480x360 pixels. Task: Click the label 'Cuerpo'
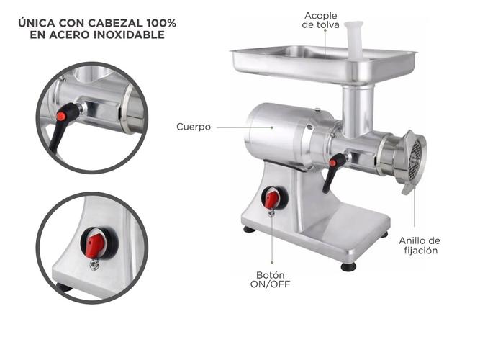tap(194, 127)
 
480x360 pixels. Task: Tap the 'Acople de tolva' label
tap(320, 20)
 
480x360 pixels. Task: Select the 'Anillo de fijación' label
tap(420, 246)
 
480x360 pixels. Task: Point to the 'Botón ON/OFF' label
tap(271, 279)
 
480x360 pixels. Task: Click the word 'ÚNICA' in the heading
tap(37, 23)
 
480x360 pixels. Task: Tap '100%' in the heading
tap(161, 23)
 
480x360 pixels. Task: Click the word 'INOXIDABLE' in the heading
tap(129, 35)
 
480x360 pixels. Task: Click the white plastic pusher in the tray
tap(354, 40)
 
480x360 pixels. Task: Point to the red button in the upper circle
tap(61, 115)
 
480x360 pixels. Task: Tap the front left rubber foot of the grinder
tap(249, 229)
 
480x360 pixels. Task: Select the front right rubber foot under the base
tap(349, 267)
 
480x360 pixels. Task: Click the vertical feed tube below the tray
tap(358, 111)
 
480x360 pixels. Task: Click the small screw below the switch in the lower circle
tap(94, 264)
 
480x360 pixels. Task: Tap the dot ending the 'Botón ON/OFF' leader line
tap(272, 263)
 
